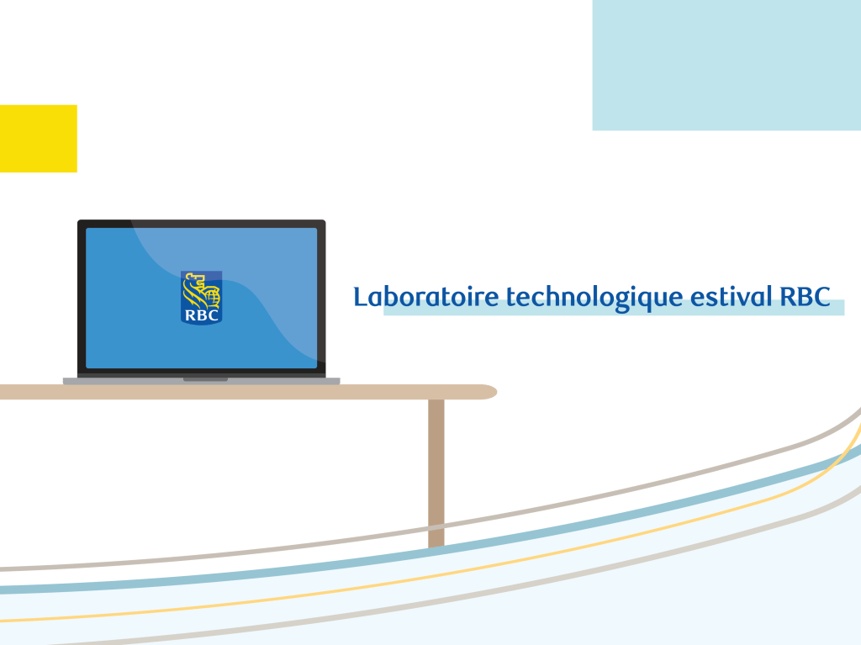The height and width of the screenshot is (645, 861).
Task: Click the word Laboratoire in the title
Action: [425, 297]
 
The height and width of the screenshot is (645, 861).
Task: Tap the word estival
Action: [731, 297]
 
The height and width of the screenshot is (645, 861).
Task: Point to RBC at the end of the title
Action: [805, 297]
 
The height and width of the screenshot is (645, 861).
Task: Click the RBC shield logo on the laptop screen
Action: [202, 298]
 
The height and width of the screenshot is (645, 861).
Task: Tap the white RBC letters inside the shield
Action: [202, 315]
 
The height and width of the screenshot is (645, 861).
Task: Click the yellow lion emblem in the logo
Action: [201, 290]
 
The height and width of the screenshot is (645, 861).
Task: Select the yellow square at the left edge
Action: [39, 139]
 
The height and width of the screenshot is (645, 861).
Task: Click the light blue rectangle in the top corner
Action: [726, 65]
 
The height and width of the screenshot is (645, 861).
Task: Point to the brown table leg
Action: [436, 473]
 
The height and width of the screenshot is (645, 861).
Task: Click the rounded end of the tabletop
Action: [488, 392]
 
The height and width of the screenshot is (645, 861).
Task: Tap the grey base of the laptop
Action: [202, 381]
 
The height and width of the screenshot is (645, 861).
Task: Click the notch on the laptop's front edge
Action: [205, 379]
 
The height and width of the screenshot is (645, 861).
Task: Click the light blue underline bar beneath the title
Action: [613, 308]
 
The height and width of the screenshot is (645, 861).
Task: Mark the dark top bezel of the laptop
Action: [202, 224]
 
